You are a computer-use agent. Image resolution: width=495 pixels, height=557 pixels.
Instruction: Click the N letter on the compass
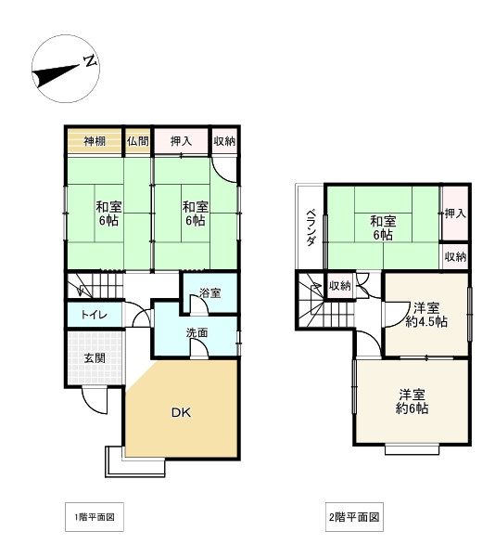[x=91, y=61]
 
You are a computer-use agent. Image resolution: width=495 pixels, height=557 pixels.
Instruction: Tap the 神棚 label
[x=95, y=141]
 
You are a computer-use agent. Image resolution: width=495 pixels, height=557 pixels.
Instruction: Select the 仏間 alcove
[x=137, y=141]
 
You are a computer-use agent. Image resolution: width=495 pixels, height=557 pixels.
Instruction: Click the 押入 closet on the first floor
[x=181, y=141]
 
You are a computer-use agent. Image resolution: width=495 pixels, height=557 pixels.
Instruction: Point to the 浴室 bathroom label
[x=209, y=293]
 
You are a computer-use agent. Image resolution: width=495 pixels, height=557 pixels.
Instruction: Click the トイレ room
[x=95, y=315]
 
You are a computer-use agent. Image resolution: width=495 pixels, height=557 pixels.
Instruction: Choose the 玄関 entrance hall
[x=95, y=357]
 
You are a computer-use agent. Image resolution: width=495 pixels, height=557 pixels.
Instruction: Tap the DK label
[x=181, y=412]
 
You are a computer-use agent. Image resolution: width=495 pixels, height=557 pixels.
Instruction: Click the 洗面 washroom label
[x=197, y=333]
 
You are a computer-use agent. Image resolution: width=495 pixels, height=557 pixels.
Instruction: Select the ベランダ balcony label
[x=311, y=227]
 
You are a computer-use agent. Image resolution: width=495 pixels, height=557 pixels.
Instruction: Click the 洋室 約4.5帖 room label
[x=426, y=315]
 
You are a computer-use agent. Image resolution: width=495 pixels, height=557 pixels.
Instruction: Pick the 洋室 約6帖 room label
[x=412, y=401]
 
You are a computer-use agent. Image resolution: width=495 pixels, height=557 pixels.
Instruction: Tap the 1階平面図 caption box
[x=95, y=517]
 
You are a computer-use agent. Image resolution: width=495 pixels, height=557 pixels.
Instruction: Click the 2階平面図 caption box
[x=354, y=517]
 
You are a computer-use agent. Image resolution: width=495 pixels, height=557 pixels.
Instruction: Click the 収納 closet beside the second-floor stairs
[x=340, y=285]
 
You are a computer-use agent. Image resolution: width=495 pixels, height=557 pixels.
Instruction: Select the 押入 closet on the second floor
[x=455, y=214]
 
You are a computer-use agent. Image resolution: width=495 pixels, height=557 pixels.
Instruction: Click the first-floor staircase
[x=95, y=285]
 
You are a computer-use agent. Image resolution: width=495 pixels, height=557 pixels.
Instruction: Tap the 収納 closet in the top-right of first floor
[x=224, y=141]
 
